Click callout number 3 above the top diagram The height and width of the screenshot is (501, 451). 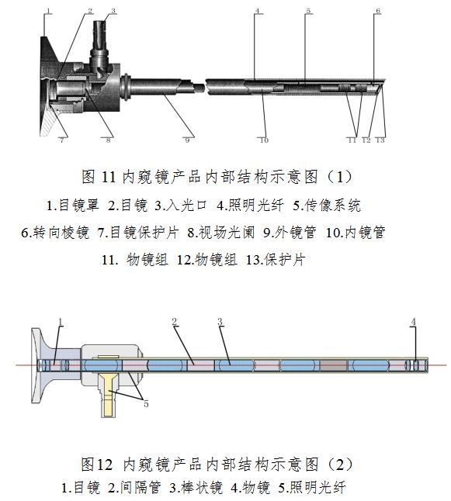point(113,11)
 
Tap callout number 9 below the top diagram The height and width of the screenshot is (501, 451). point(187,140)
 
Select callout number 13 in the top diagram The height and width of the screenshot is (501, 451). point(380,140)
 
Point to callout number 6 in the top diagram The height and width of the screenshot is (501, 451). point(378,11)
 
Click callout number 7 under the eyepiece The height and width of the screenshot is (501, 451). point(62,140)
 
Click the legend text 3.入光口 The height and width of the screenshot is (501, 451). point(181,205)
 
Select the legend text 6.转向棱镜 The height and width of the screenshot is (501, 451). point(55,233)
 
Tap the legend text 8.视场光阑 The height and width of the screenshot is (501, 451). point(221,233)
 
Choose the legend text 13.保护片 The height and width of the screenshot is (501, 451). point(276,260)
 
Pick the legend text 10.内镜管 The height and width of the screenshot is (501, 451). point(356,233)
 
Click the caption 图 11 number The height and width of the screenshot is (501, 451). point(109,177)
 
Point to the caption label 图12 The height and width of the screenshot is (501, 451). point(97,464)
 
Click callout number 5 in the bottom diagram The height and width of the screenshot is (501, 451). point(146,404)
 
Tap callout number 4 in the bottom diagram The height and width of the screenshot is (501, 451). point(414,322)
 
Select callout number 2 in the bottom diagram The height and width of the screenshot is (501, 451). point(175,322)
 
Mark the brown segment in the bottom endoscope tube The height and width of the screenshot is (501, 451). point(333,365)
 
